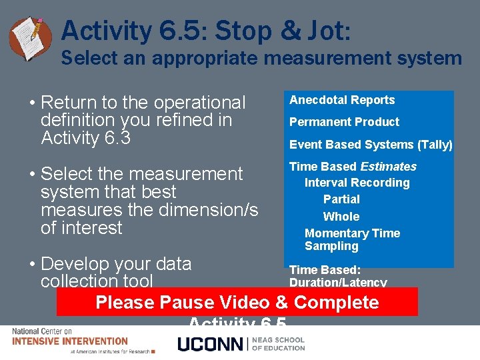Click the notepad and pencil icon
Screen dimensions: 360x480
click(x=30, y=37)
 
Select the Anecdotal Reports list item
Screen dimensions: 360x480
click(x=342, y=100)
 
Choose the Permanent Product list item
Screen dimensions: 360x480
click(x=344, y=122)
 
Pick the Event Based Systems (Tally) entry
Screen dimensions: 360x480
click(x=371, y=145)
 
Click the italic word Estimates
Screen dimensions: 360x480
click(x=388, y=167)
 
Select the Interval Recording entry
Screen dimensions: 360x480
click(x=357, y=183)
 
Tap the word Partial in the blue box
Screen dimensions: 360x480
click(x=341, y=199)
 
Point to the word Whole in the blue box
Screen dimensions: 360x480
click(x=341, y=217)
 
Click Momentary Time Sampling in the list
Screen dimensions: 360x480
click(x=352, y=239)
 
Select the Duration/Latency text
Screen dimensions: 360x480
click(x=338, y=282)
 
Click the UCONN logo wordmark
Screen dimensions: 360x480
click(x=210, y=344)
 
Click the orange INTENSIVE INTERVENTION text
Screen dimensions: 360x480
click(x=70, y=341)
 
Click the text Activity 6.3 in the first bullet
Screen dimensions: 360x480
click(x=85, y=138)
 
